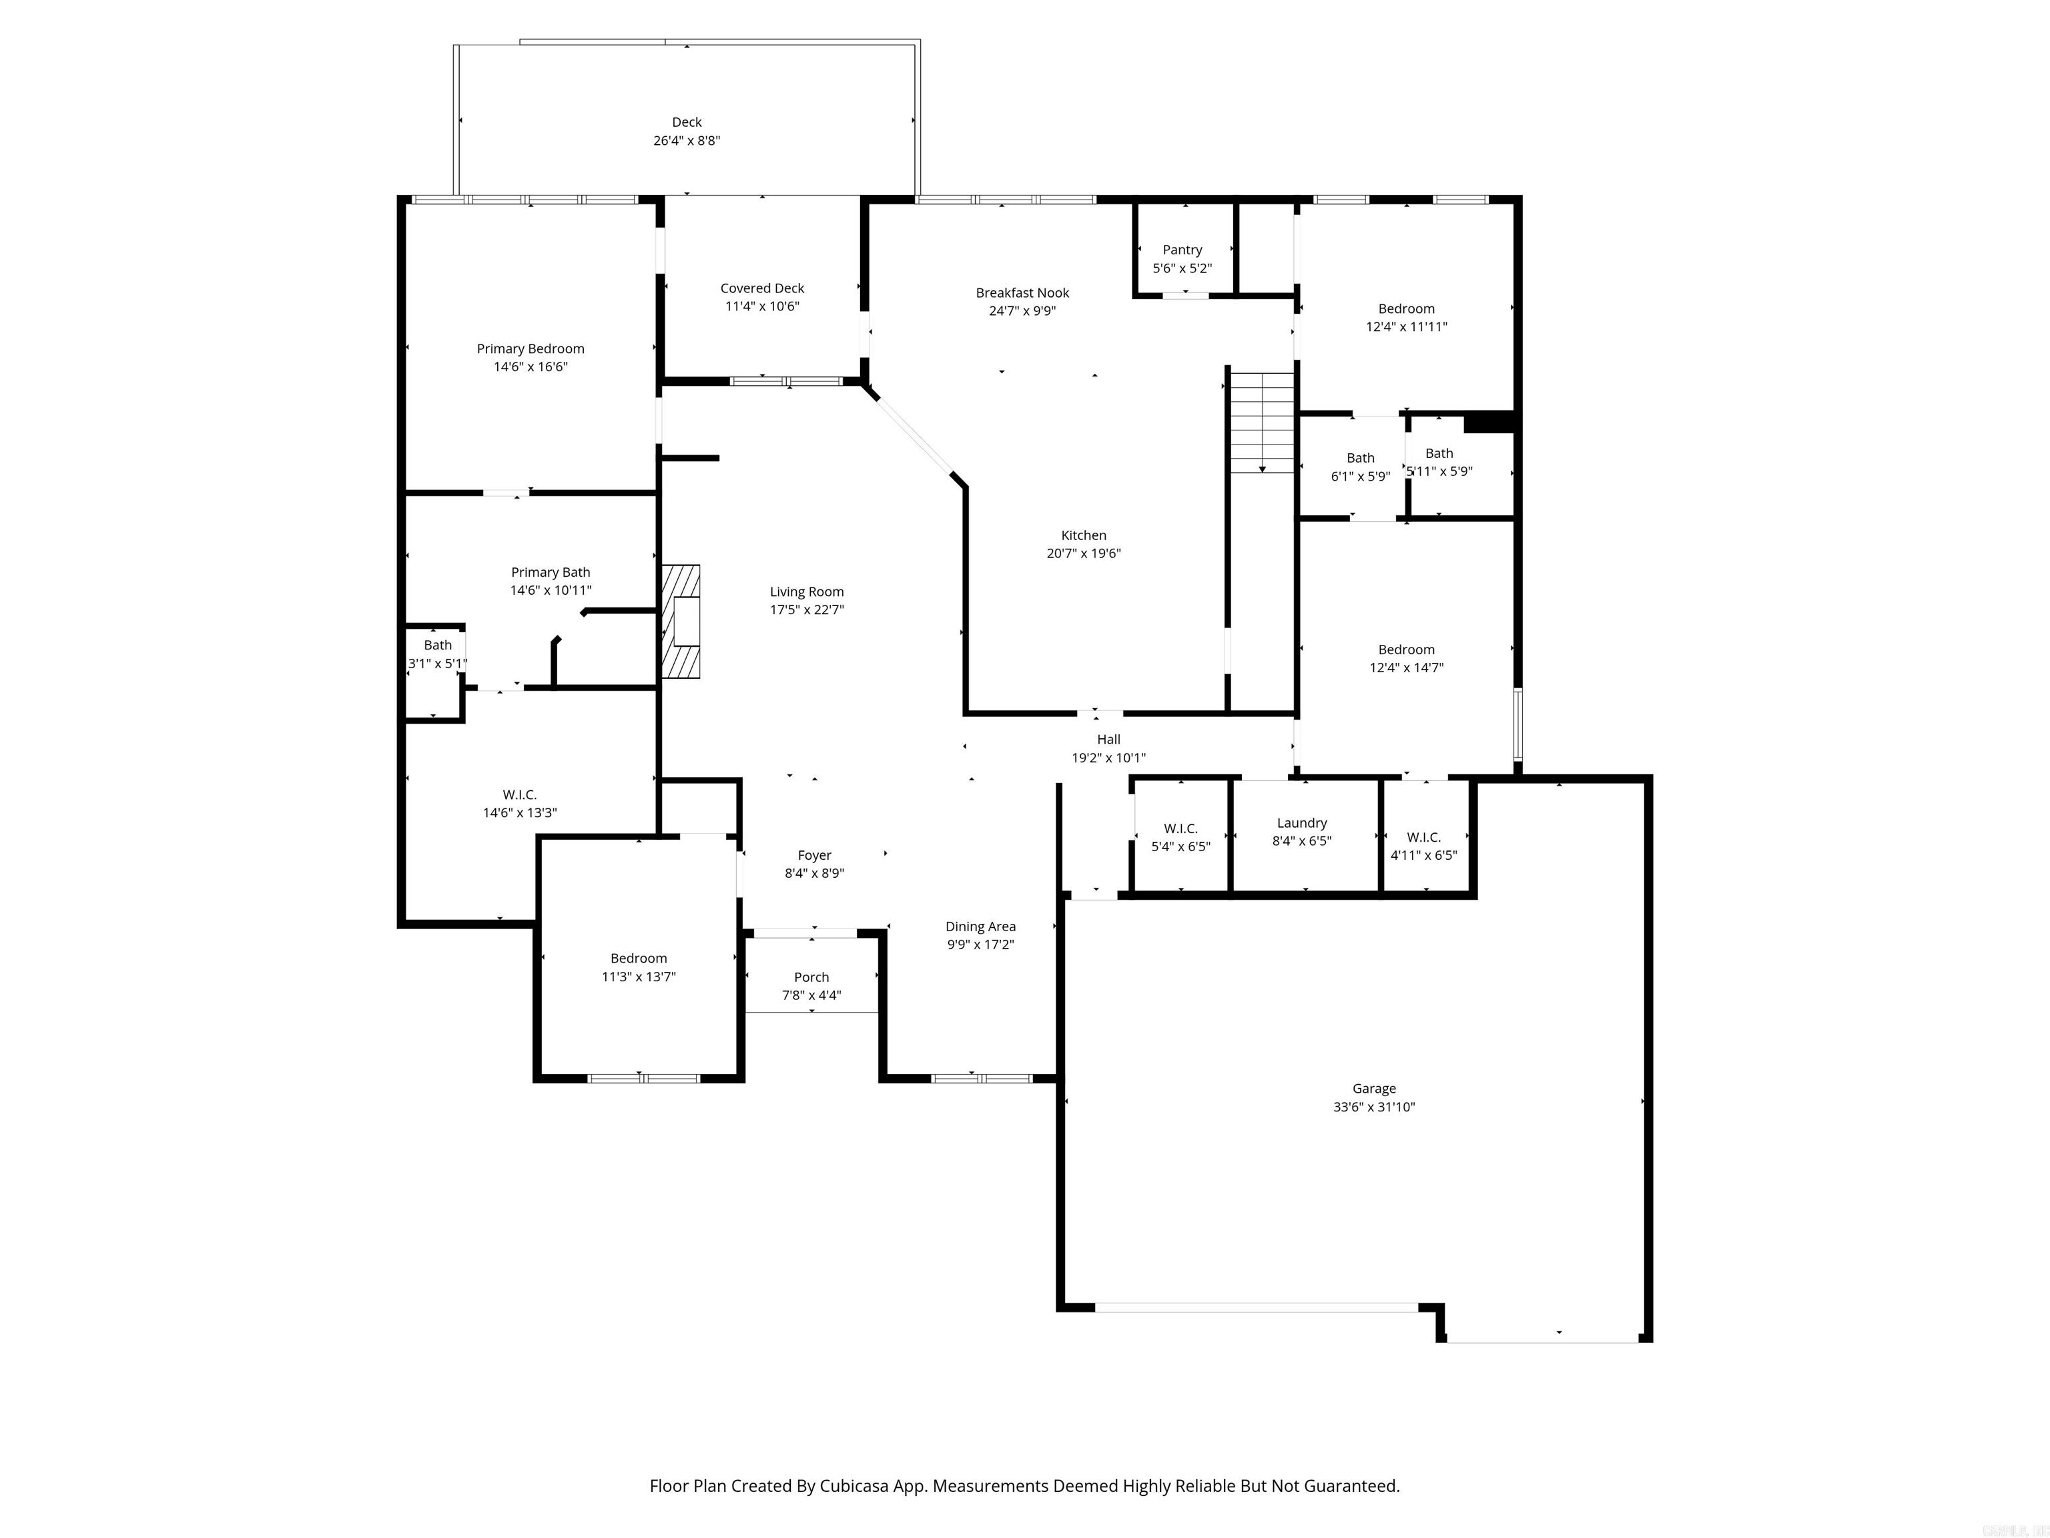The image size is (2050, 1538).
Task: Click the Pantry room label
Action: coord(1182,250)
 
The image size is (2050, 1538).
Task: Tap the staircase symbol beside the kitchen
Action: coord(1261,422)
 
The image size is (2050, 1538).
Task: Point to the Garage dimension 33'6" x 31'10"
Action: coord(1373,1107)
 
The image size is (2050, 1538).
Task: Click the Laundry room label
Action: coord(1301,823)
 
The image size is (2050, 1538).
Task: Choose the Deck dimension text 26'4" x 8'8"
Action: coord(686,141)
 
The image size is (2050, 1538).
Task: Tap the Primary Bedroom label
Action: coord(530,348)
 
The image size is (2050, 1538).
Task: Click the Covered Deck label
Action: coord(762,288)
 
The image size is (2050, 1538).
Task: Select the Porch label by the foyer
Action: coord(811,977)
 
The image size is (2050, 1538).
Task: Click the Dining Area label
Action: coord(980,926)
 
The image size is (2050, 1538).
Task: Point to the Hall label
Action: coord(1108,740)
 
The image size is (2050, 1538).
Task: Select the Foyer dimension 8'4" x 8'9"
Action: coord(813,873)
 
